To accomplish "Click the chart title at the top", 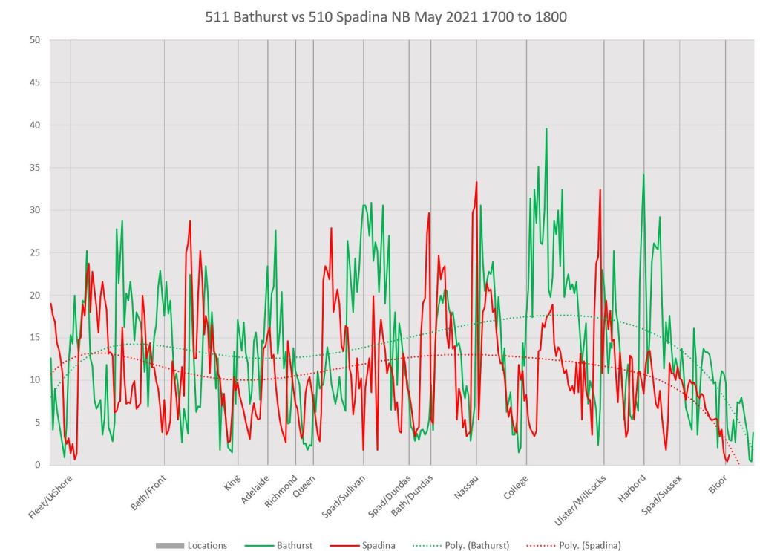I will [x=386, y=16].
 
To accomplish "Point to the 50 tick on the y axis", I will [x=34, y=40].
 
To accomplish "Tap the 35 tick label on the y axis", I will [x=34, y=168].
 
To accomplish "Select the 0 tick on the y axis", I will [x=36, y=465].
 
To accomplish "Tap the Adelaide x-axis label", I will [x=255, y=489].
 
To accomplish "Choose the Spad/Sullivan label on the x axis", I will [x=344, y=495].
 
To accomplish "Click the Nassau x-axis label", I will [x=466, y=487].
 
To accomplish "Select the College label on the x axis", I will [x=515, y=487].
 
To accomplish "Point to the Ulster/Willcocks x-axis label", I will [x=580, y=498].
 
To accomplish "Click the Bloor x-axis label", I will [x=718, y=484].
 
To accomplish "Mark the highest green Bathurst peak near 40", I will [x=546, y=129].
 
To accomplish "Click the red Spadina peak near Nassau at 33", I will [x=476, y=182].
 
